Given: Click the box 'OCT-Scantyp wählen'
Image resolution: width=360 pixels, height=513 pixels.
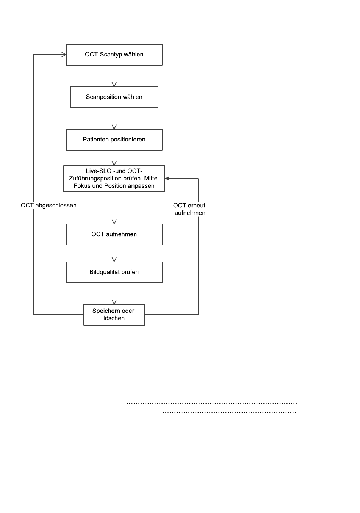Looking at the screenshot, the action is click(114, 55).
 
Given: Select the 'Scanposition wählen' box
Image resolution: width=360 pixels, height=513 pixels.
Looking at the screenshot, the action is click(114, 97).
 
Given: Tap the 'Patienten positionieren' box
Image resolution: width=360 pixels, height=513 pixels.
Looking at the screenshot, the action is click(114, 140).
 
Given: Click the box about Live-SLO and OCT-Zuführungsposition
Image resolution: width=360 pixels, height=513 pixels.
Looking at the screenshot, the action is click(114, 179).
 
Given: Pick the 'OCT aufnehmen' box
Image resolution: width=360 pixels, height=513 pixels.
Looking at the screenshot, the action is click(114, 235).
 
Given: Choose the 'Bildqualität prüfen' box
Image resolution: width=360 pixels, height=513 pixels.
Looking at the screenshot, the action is click(114, 272).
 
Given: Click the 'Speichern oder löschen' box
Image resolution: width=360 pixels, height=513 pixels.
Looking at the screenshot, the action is click(114, 315).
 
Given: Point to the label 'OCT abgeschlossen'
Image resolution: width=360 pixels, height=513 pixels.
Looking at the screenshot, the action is click(49, 205).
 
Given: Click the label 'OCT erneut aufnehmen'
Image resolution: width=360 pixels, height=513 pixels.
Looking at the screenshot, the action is click(189, 209).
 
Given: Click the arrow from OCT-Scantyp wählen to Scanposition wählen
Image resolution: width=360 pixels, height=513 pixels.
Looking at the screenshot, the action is click(114, 76).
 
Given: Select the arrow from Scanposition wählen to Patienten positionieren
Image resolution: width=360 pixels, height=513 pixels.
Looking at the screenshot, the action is click(114, 118).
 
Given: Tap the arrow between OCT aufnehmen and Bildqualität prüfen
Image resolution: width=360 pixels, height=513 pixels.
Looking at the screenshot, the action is click(114, 254).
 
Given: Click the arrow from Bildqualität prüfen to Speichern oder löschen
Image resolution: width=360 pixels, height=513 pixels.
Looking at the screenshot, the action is click(114, 293).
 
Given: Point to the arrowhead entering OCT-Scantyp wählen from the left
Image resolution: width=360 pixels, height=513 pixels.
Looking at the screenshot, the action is click(63, 55).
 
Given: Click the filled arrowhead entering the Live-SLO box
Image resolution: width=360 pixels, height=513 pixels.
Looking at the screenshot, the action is click(167, 179).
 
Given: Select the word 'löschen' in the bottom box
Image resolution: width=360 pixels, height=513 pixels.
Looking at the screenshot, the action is click(114, 318).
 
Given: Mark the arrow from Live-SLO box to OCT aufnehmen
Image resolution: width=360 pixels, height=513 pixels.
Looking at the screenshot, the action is click(114, 208).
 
